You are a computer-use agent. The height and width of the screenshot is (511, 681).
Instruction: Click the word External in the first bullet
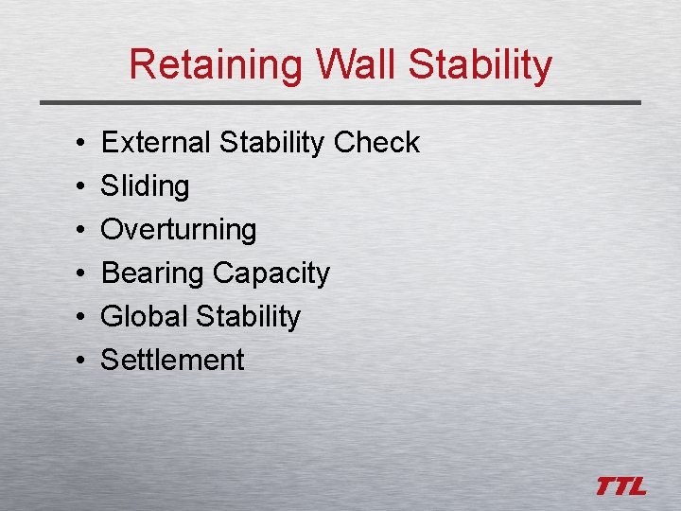[156, 142]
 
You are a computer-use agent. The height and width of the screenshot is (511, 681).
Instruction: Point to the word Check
[376, 142]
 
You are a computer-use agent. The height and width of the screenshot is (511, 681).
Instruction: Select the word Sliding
[145, 186]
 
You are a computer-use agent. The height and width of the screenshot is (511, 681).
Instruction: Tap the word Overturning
[179, 230]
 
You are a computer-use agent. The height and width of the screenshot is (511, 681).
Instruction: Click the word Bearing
[153, 273]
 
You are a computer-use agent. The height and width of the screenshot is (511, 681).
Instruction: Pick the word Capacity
[271, 273]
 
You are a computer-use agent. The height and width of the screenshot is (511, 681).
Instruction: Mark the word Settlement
[172, 360]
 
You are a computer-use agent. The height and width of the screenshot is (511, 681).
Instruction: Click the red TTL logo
[621, 486]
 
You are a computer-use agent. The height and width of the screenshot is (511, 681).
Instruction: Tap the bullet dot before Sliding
[74, 187]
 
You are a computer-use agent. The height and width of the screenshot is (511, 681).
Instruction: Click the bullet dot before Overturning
[74, 231]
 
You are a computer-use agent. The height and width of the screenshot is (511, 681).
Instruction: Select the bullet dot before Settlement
[74, 361]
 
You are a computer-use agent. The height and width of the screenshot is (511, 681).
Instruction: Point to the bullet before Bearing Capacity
[74, 274]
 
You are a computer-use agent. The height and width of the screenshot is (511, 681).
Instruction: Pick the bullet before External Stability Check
[74, 144]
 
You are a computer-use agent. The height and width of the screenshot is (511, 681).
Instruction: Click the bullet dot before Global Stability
[74, 317]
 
